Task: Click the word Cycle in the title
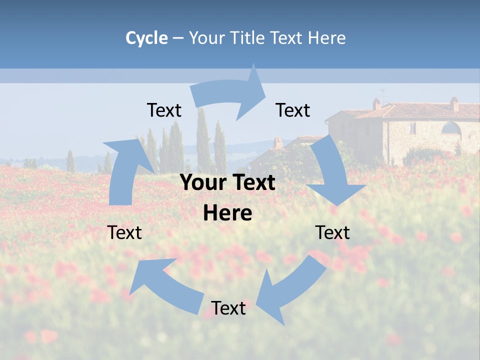(146, 38)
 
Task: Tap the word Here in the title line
(326, 38)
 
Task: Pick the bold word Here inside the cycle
(227, 213)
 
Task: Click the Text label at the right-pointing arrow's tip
(293, 110)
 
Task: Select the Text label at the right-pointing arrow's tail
(164, 110)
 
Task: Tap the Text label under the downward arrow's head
(332, 232)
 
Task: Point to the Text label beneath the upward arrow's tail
(124, 232)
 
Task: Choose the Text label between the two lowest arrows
(228, 308)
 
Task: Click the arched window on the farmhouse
(451, 129)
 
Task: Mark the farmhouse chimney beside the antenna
(376, 104)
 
